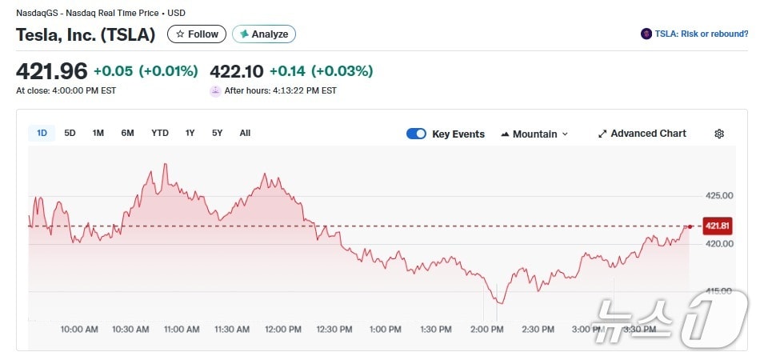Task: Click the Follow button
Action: point(197,34)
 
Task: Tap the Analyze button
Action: point(264,34)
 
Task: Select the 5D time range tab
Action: point(70,133)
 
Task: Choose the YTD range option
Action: point(160,133)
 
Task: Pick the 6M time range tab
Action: point(127,133)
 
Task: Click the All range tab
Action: point(245,133)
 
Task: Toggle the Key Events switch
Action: point(416,134)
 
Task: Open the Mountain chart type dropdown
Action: point(534,134)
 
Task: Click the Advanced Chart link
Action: point(642,134)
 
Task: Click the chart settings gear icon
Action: point(719,134)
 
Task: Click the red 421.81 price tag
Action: point(717,226)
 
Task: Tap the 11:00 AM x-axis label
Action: point(182,330)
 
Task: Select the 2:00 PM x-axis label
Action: point(487,330)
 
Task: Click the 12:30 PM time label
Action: point(334,330)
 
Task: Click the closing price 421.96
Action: point(51,71)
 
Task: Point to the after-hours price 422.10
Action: point(237,71)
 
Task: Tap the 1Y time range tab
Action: point(190,133)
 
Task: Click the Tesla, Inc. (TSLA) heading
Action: point(86,34)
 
